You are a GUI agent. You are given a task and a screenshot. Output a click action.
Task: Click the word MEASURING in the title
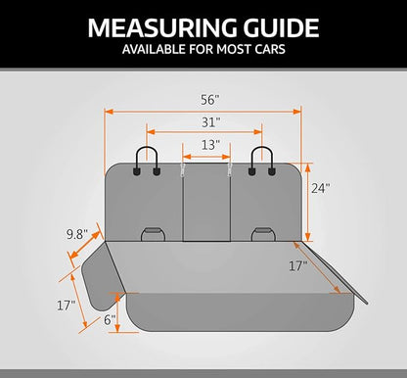(162, 27)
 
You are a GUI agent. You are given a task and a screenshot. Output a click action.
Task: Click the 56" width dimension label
(209, 100)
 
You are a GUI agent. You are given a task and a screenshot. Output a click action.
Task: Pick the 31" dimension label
(211, 122)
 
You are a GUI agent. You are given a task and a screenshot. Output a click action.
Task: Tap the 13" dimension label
(210, 145)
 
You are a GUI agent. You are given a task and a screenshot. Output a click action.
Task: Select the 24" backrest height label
(321, 188)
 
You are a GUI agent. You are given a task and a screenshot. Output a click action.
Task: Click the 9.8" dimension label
(77, 234)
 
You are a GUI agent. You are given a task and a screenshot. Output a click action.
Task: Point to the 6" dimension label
(110, 320)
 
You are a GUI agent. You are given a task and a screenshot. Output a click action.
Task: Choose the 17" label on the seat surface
(298, 266)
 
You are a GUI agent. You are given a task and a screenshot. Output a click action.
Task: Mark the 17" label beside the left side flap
(67, 306)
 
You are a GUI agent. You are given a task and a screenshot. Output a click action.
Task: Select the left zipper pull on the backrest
(183, 170)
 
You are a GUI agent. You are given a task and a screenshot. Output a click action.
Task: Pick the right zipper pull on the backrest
(230, 170)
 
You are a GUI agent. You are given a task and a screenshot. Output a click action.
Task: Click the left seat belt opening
(153, 234)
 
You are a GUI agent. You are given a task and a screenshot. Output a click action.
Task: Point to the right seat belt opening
(263, 234)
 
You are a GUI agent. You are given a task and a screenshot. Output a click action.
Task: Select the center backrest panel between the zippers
(206, 203)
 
